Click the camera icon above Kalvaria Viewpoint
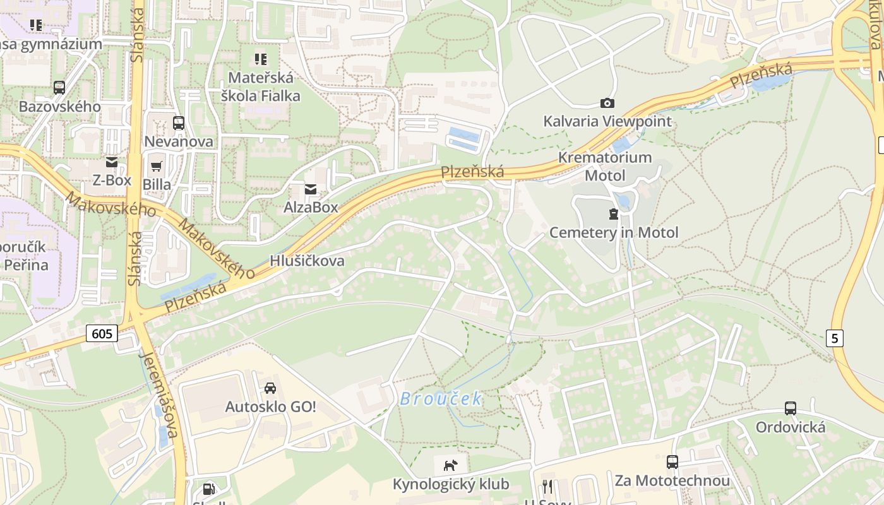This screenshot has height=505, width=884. coord(607,103)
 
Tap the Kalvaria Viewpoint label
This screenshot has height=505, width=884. coord(607,121)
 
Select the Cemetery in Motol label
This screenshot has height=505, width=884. coord(614,232)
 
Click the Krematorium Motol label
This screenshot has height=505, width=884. coord(605,166)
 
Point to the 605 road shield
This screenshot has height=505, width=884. coord(102,333)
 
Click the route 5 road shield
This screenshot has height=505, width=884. coord(835,338)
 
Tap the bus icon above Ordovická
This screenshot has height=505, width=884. coord(791,408)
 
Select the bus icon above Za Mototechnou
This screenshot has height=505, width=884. coord(672,462)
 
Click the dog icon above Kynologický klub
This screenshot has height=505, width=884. coord(450,466)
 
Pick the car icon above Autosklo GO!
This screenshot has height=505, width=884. coord(270,388)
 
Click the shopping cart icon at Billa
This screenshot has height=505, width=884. coord(157,166)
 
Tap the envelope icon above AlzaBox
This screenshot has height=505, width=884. coord(311,189)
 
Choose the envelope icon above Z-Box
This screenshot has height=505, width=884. coord(112,162)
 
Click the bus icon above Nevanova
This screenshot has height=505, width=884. coord(179,123)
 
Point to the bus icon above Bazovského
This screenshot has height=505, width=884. coord(59,88)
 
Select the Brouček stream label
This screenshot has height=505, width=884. coord(441,399)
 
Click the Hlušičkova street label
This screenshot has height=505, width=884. coord(307,261)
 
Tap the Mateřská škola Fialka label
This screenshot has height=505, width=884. coord(260,87)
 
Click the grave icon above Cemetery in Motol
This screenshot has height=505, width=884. coord(613,214)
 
